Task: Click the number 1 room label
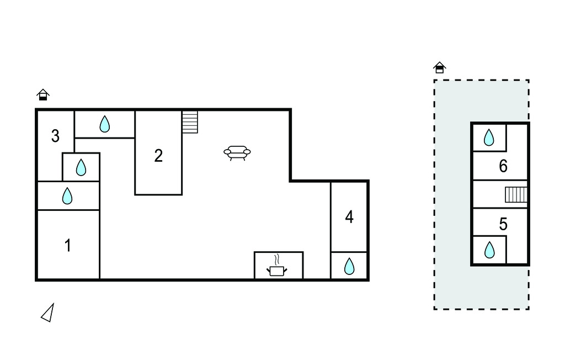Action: click(x=67, y=245)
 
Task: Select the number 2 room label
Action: click(x=158, y=156)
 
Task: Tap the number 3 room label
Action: click(x=55, y=136)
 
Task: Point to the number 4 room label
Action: click(x=349, y=217)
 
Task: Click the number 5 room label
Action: click(x=503, y=224)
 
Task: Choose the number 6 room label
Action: click(x=503, y=166)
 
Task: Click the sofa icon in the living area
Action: click(x=237, y=153)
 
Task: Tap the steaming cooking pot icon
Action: click(x=277, y=266)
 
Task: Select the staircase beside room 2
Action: click(x=190, y=122)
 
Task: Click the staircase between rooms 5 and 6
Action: click(x=516, y=194)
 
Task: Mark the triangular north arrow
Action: click(x=47, y=313)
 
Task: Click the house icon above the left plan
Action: click(x=43, y=94)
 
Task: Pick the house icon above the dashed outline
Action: click(x=440, y=67)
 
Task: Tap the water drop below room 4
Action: click(x=349, y=266)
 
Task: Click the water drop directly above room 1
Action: click(x=67, y=196)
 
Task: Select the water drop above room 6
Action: click(x=489, y=137)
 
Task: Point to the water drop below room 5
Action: click(x=489, y=250)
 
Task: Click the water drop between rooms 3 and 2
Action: click(x=104, y=124)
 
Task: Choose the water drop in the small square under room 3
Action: click(x=81, y=167)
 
